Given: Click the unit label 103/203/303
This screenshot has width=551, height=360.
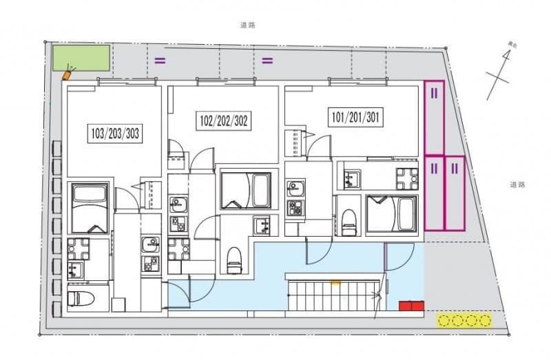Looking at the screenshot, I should tap(116, 134).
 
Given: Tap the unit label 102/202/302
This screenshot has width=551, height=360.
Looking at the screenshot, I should tap(224, 122).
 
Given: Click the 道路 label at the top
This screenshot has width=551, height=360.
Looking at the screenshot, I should tap(248, 25).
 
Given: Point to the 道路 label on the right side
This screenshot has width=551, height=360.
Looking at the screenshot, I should tap(518, 184).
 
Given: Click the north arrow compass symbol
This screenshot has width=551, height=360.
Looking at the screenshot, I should tap(501, 72).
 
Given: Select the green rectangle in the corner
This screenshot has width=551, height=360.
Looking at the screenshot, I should tap(81, 57).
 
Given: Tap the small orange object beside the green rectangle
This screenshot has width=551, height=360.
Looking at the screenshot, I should tap(67, 74).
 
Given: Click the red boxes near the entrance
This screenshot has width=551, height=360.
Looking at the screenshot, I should tap(411, 305).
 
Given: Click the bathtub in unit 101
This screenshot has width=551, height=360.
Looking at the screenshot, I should tap(391, 214).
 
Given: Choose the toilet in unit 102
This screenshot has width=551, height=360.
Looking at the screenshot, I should tap(233, 257).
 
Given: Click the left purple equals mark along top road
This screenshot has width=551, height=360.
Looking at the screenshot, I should tap(160, 60).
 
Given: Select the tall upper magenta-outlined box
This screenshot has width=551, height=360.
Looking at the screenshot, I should tap(435, 117).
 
